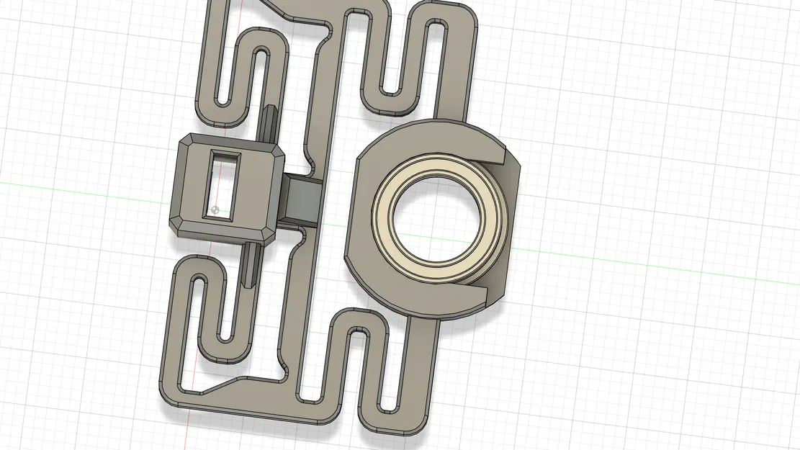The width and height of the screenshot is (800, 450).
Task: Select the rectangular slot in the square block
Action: tap(223, 184)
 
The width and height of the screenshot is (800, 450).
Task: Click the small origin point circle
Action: tap(215, 210)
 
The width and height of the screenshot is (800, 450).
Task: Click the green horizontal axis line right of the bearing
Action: tap(648, 266)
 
